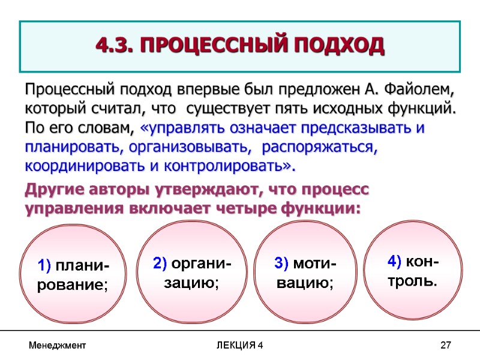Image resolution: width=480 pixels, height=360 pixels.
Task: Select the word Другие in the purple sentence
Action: (55, 190)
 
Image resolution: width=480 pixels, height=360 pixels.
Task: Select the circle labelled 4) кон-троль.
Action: (414, 269)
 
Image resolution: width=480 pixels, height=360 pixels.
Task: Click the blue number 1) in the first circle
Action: (46, 265)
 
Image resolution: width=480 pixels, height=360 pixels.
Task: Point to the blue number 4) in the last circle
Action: (394, 261)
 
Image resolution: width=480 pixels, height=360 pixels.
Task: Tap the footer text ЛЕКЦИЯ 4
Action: (239, 346)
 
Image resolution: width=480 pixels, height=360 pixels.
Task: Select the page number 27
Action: (445, 346)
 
